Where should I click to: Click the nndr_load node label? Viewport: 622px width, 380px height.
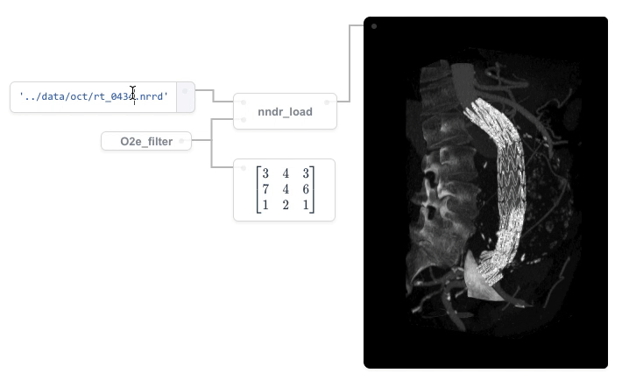pyautogui.click(x=285, y=112)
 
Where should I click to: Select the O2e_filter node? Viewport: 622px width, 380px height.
pyautogui.click(x=145, y=141)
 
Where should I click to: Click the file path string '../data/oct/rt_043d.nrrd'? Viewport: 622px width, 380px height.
pyautogui.click(x=93, y=96)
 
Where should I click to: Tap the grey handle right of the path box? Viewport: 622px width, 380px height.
pyautogui.click(x=186, y=97)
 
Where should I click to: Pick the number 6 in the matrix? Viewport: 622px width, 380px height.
pyautogui.click(x=306, y=189)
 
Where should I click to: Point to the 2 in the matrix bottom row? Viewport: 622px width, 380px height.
pyautogui.click(x=286, y=205)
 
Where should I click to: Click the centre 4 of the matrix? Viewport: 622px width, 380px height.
pyautogui.click(x=286, y=189)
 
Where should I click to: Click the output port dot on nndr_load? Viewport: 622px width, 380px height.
pyautogui.click(x=327, y=102)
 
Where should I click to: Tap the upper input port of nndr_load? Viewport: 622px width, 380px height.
pyautogui.click(x=243, y=102)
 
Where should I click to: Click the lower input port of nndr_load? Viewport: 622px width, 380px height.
pyautogui.click(x=243, y=120)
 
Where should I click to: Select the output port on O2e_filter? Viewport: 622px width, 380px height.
pyautogui.click(x=181, y=141)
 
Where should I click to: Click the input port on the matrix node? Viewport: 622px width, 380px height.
pyautogui.click(x=243, y=167)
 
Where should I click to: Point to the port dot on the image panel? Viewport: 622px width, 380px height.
pyautogui.click(x=374, y=26)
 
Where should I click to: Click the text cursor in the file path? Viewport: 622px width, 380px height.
pyautogui.click(x=133, y=93)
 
